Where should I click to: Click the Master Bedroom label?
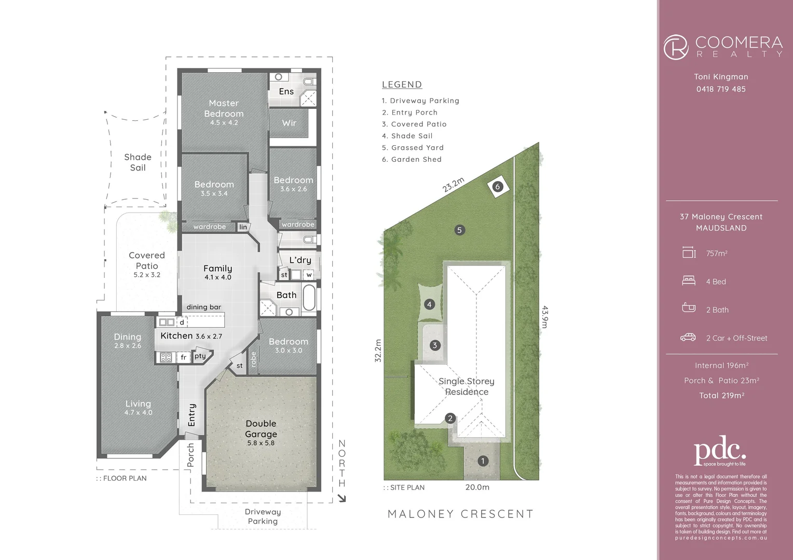pyautogui.click(x=224, y=108)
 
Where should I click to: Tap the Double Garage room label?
pyautogui.click(x=261, y=429)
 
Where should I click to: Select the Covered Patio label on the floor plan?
pyautogui.click(x=147, y=260)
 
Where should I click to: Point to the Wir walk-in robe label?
pyautogui.click(x=289, y=123)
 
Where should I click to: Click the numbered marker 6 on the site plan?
pyautogui.click(x=498, y=187)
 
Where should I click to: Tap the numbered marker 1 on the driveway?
pyautogui.click(x=483, y=461)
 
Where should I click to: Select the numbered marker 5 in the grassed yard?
pyautogui.click(x=459, y=230)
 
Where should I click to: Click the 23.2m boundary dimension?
pyautogui.click(x=453, y=185)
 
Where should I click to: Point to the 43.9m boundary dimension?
pyautogui.click(x=545, y=317)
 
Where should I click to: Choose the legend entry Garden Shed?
pyautogui.click(x=412, y=159)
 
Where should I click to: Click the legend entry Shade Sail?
pyautogui.click(x=407, y=136)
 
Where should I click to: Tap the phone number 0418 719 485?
pyautogui.click(x=721, y=89)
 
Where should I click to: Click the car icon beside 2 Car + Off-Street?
pyautogui.click(x=688, y=338)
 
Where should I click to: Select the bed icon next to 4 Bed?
pyautogui.click(x=689, y=281)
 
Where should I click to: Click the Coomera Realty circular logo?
pyautogui.click(x=676, y=47)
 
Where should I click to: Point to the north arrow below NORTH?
pyautogui.click(x=341, y=499)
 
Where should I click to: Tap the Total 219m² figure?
pyautogui.click(x=721, y=396)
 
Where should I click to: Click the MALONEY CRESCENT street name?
pyautogui.click(x=460, y=514)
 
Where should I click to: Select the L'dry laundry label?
pyautogui.click(x=300, y=260)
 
